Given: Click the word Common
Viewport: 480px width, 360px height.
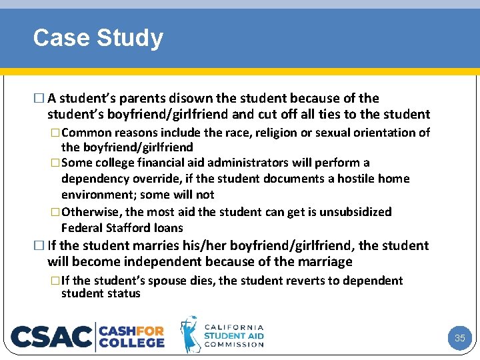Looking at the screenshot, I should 90,133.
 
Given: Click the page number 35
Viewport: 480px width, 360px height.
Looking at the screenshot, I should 459,338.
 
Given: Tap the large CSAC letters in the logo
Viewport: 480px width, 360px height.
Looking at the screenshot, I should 52,337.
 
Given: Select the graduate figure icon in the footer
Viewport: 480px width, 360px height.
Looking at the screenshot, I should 191,334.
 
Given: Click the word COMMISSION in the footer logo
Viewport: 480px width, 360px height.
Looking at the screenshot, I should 234,344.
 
